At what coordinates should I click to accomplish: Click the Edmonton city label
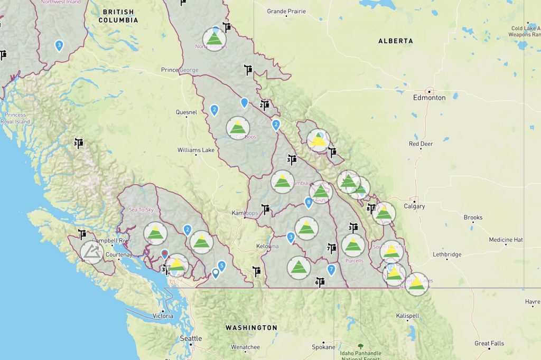click(x=430, y=98)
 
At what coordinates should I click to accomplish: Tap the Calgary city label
click(x=414, y=206)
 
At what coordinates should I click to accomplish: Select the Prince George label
click(x=180, y=70)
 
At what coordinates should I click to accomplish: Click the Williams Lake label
click(x=197, y=150)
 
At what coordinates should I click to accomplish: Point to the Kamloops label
click(x=245, y=213)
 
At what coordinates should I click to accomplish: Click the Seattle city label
click(x=191, y=338)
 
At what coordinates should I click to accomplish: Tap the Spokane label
click(x=323, y=347)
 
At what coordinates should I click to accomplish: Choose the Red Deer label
click(x=421, y=144)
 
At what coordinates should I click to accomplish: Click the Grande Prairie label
click(x=286, y=11)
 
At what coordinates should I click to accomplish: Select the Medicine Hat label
click(x=506, y=240)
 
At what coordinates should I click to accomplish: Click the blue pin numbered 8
click(x=309, y=202)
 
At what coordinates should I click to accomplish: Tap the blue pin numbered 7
click(x=331, y=270)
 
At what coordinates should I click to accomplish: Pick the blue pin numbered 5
click(x=222, y=266)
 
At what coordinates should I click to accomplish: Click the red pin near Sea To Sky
click(x=164, y=254)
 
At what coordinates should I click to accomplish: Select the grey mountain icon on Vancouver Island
click(x=92, y=252)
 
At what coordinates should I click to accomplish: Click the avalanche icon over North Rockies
click(x=214, y=39)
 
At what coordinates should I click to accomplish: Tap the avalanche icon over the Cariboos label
click(x=238, y=128)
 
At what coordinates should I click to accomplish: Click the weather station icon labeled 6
click(x=320, y=282)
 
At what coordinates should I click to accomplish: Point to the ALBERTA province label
click(x=395, y=41)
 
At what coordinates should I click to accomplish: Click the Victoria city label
click(x=162, y=316)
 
